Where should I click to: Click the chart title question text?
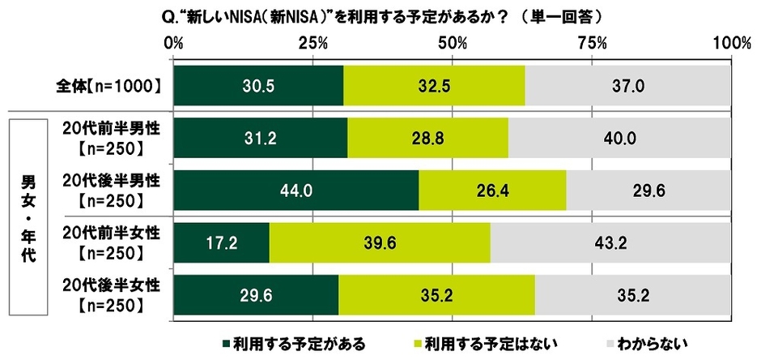[x=389, y=16]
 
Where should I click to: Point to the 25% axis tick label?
[x=312, y=42]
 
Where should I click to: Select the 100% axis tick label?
[x=731, y=42]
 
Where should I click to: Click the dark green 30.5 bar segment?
[x=258, y=85]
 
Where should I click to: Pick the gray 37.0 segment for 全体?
[x=627, y=85]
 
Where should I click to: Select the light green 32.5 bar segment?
[x=434, y=85]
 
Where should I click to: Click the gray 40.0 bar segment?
[x=619, y=138]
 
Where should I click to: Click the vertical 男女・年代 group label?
[x=25, y=216]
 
